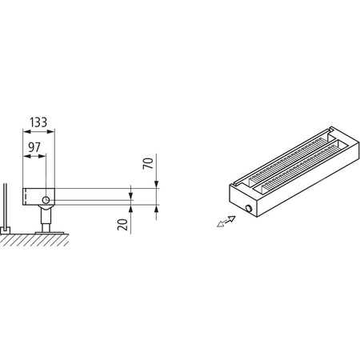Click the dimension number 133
point(39,122)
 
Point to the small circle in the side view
point(47,198)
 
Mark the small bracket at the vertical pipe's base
point(6,230)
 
